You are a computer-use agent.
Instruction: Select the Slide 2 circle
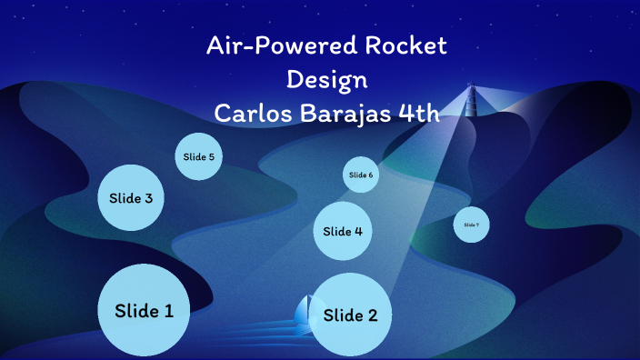pyautogui.click(x=350, y=315)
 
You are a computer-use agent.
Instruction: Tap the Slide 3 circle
pyautogui.click(x=131, y=197)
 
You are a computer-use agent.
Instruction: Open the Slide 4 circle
pyautogui.click(x=343, y=231)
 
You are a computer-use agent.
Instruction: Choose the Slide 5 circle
pyautogui.click(x=199, y=156)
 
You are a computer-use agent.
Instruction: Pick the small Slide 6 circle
pyautogui.click(x=361, y=175)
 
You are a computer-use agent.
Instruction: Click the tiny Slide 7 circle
pyautogui.click(x=471, y=225)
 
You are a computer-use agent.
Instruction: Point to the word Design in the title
pyautogui.click(x=326, y=79)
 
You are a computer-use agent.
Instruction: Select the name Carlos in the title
pyautogui.click(x=251, y=113)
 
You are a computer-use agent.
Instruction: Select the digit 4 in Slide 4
pyautogui.click(x=358, y=232)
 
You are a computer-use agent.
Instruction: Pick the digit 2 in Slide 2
pyautogui.click(x=371, y=315)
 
